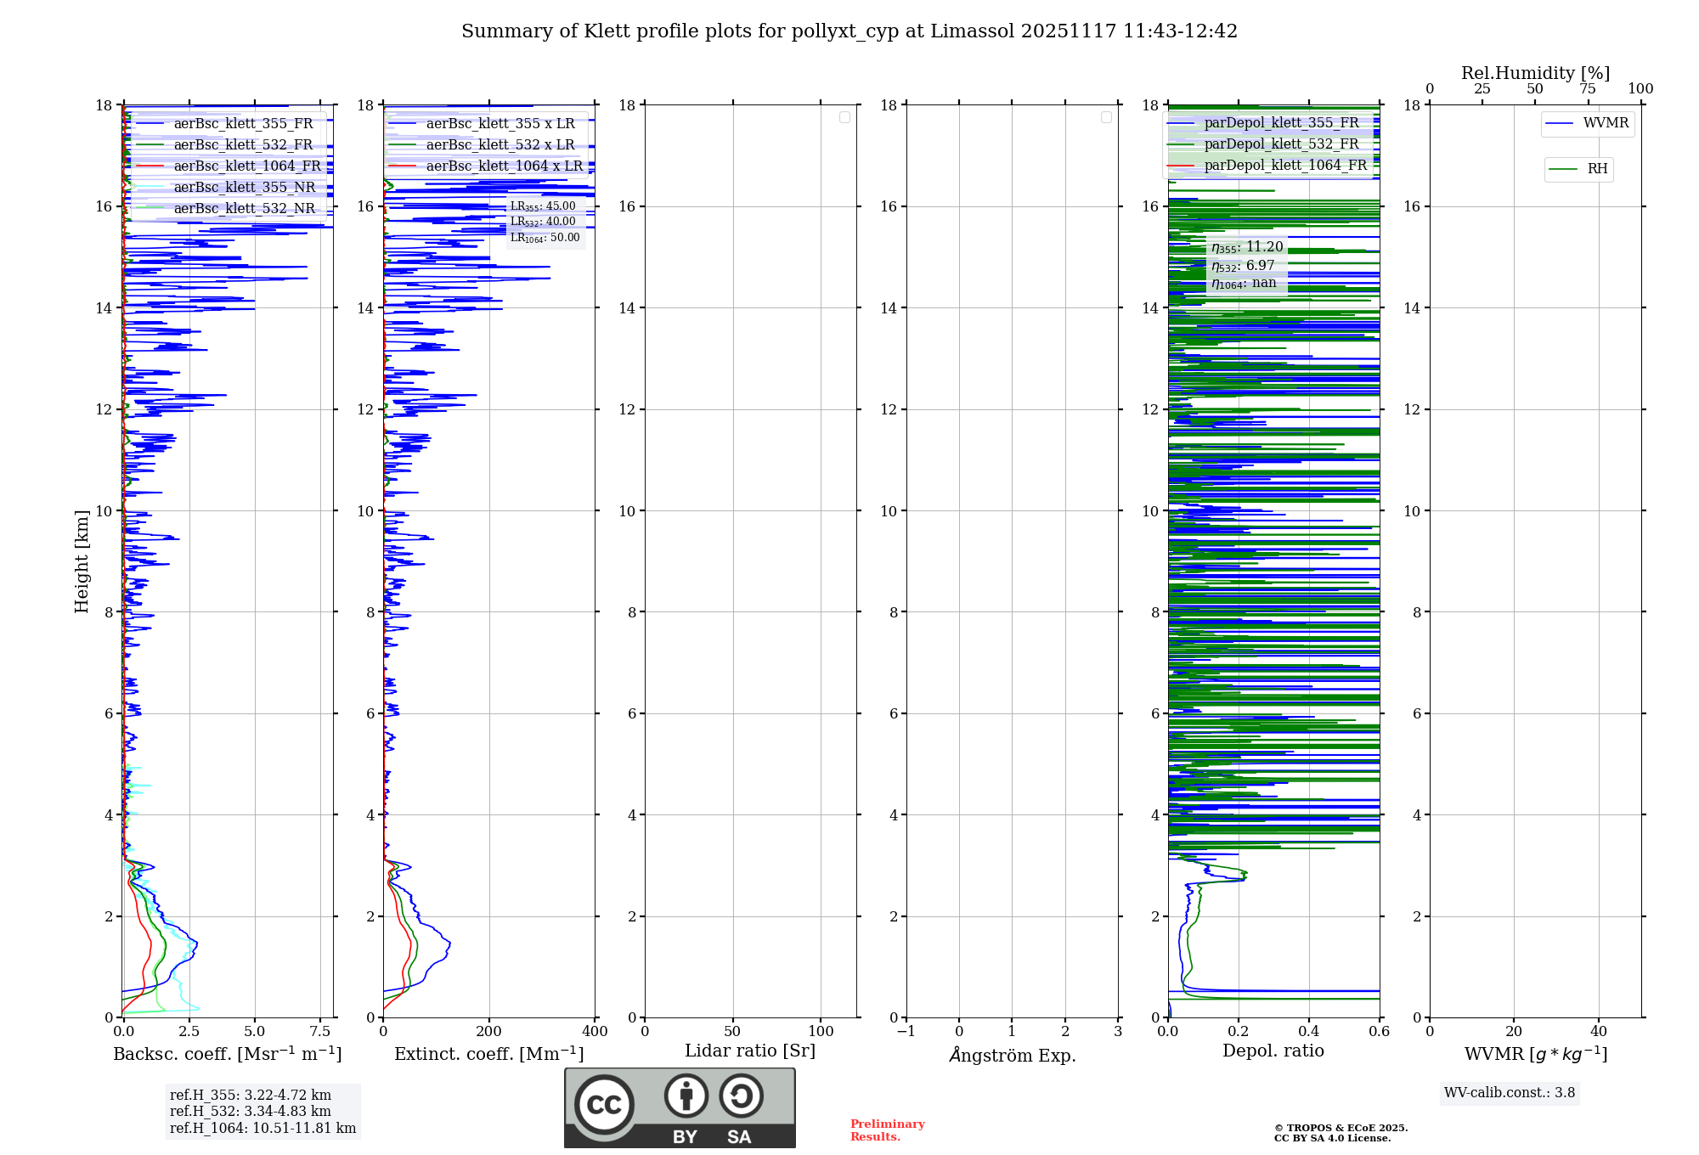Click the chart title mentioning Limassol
click(x=849, y=31)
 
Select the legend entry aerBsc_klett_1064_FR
click(x=247, y=166)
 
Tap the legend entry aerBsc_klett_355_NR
click(x=244, y=188)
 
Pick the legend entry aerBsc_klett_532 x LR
click(x=500, y=145)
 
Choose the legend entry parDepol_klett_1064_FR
click(x=1284, y=166)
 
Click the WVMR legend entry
click(x=1606, y=123)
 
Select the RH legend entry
click(x=1597, y=169)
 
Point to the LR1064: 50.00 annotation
click(x=545, y=238)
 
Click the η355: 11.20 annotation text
click(x=1247, y=247)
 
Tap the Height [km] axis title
click(x=82, y=561)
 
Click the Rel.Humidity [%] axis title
click(x=1535, y=73)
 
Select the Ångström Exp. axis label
click(x=1012, y=1055)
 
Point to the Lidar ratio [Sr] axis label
click(x=749, y=1051)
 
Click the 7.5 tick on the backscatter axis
click(x=320, y=1032)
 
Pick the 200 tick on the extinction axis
click(x=489, y=1032)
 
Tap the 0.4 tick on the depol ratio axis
click(x=1309, y=1032)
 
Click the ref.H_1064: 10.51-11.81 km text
click(x=262, y=1129)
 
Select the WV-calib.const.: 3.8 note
click(x=1509, y=1093)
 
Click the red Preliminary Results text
click(x=887, y=1130)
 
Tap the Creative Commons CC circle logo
click(x=604, y=1105)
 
